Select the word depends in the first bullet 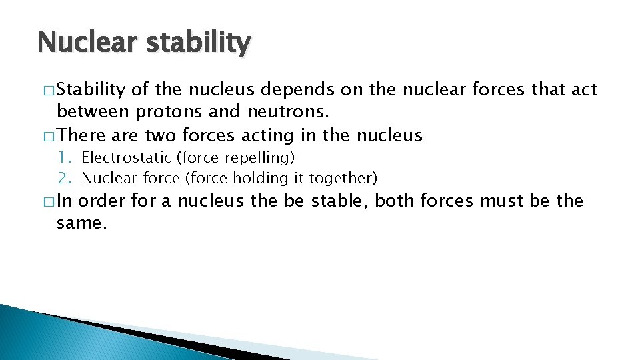tap(307, 89)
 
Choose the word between tap(93, 112)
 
